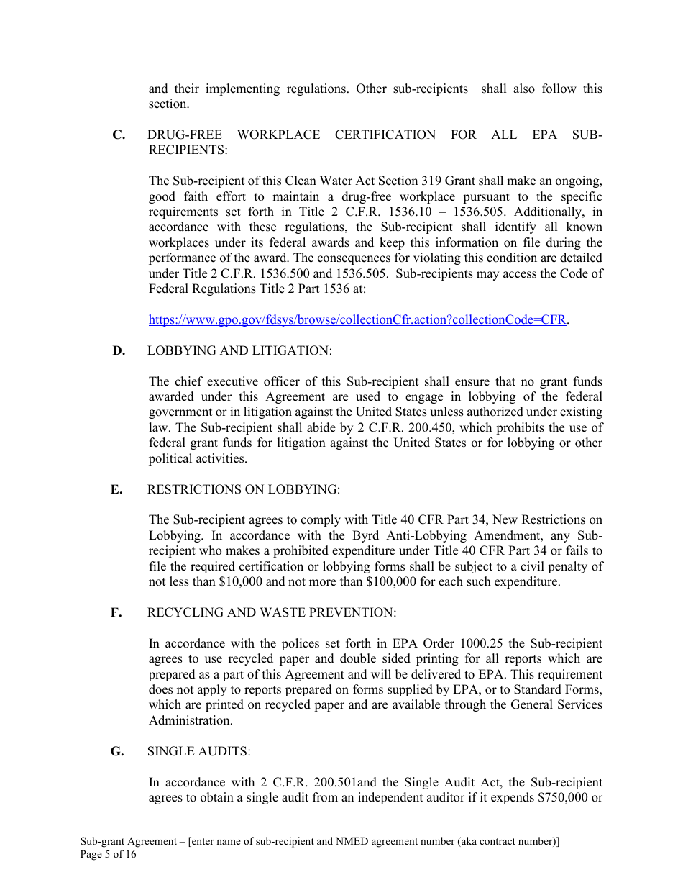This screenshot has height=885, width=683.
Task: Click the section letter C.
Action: [x=119, y=135]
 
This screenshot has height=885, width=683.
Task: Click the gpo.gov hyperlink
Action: [x=357, y=320]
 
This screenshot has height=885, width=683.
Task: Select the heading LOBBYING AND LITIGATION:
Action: [x=239, y=350]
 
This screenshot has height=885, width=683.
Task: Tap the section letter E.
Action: [x=116, y=489]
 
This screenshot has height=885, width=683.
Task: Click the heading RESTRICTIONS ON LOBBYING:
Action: [x=243, y=489]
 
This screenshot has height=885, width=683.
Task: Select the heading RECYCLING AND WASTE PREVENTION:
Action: [x=271, y=613]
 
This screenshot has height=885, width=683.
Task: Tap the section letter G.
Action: [x=117, y=752]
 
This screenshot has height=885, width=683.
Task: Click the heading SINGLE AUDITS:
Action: [x=198, y=752]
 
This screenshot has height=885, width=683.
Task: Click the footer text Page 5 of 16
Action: [x=108, y=855]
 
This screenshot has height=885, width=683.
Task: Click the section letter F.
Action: [x=116, y=613]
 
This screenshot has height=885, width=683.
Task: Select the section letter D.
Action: [x=119, y=350]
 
